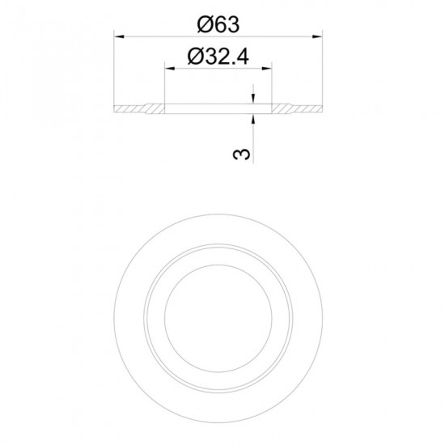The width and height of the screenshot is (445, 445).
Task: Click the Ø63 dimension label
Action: coord(218,24)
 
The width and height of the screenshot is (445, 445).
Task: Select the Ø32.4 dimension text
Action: coord(218,57)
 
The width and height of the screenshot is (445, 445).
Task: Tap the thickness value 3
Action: coord(242,154)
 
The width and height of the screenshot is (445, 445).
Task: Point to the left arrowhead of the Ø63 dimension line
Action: coord(119,36)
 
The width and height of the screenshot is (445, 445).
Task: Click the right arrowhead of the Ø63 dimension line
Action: coord(317,36)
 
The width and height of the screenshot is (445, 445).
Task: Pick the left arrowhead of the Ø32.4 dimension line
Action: coord(170,69)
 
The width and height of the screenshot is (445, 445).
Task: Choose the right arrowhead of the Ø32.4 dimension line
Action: coord(267,69)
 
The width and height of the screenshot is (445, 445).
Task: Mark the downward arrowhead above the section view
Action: coord(253,99)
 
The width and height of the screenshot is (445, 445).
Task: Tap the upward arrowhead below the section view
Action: coord(253,119)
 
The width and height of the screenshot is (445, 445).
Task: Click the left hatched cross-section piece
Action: coord(139,109)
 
